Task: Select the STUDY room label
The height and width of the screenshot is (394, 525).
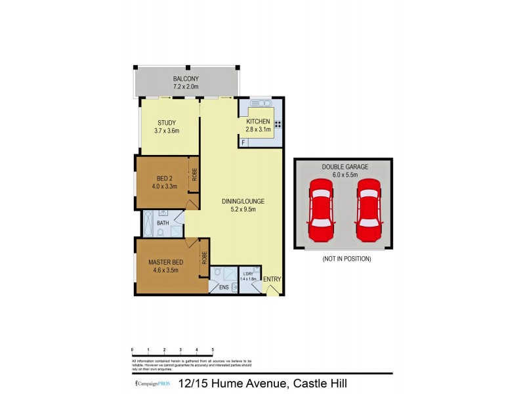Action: (x=167, y=123)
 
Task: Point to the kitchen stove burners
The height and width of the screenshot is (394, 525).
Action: (x=278, y=124)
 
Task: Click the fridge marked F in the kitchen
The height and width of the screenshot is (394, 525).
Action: (x=244, y=142)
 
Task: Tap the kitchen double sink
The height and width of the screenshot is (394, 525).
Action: (x=257, y=103)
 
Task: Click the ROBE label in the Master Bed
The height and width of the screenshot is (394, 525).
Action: (x=205, y=257)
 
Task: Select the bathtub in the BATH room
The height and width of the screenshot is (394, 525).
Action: (x=147, y=223)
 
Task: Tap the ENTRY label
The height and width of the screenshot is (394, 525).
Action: (x=272, y=279)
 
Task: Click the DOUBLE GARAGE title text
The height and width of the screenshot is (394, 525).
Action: (x=345, y=167)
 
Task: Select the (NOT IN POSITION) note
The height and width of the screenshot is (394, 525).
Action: (x=346, y=259)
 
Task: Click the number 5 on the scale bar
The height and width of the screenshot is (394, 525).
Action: (x=213, y=349)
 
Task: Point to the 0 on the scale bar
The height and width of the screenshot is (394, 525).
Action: (x=133, y=349)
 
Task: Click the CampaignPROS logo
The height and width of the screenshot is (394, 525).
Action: (x=148, y=383)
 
